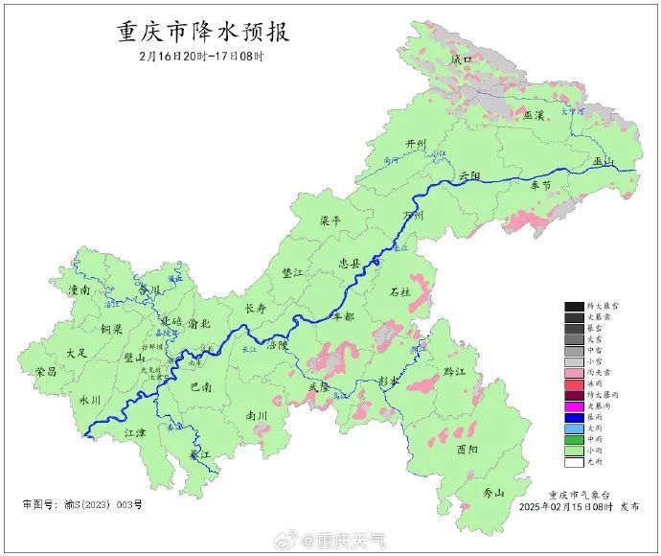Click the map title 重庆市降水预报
[202, 32]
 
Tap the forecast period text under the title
[201, 57]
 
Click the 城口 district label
[463, 59]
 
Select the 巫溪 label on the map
[534, 115]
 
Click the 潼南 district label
[79, 289]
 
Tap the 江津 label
[136, 433]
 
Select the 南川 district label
[257, 416]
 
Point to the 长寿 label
[256, 309]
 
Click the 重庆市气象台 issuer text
[584, 494]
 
